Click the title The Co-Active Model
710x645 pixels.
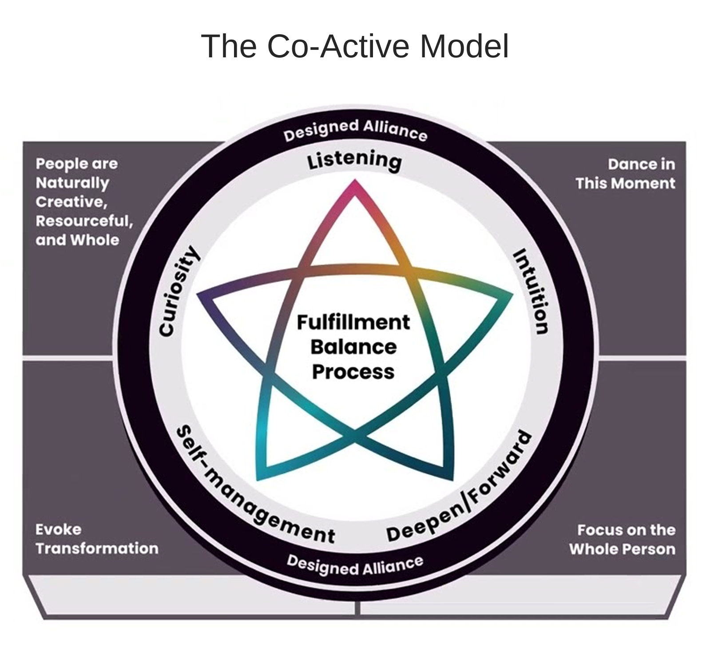355,46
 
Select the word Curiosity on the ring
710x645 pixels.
178,291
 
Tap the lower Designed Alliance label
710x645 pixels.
355,565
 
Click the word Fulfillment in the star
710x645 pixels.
353,322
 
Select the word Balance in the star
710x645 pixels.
353,347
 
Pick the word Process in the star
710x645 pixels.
353,372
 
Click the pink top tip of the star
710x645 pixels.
354,186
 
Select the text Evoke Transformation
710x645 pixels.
97,539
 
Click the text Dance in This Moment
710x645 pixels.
625,174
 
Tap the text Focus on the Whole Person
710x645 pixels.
622,539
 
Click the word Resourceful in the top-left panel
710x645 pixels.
83,221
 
